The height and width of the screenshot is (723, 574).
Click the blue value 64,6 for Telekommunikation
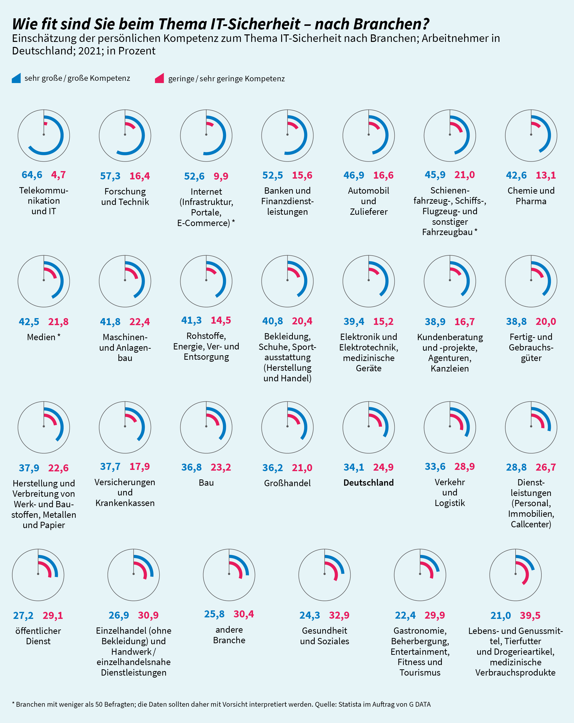[32, 175]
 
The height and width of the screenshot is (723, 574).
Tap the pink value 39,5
[530, 615]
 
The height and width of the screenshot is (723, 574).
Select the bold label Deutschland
[368, 483]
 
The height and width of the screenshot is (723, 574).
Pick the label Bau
[206, 483]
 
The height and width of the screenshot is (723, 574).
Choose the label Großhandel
[287, 483]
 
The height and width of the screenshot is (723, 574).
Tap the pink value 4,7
[58, 175]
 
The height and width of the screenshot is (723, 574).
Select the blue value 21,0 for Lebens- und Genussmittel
[501, 615]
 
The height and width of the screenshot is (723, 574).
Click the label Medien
[41, 337]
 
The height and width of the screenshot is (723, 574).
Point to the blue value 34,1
[354, 467]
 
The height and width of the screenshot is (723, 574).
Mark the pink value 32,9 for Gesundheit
[339, 615]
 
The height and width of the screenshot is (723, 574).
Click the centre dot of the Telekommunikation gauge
[44, 134]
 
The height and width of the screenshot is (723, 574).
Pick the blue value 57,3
[110, 176]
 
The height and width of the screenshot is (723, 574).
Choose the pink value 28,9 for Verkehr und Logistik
[464, 466]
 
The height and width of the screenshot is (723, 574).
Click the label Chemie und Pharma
[531, 196]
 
